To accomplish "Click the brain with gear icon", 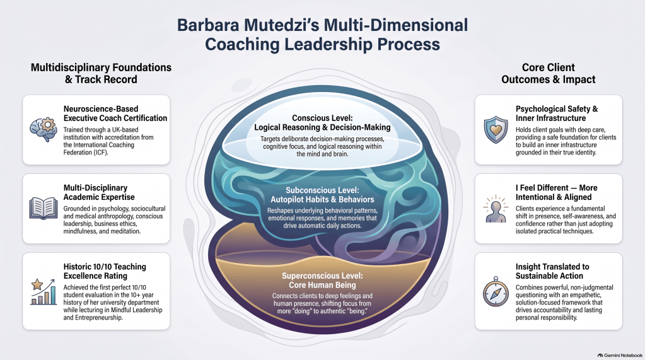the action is [x=44, y=129].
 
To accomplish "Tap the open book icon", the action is [x=44, y=208].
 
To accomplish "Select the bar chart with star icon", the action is [x=44, y=292].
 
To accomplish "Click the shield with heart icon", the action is [x=496, y=130].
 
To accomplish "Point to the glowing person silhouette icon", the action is [x=496, y=209].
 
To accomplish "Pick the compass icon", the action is [x=496, y=292].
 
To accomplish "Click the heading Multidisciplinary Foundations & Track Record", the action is [x=101, y=73].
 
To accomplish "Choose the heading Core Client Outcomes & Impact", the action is [x=549, y=73].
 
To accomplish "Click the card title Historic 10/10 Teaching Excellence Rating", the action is [x=105, y=271].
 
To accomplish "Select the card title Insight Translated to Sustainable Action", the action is [x=552, y=271].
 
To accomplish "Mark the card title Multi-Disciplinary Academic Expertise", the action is [x=99, y=192].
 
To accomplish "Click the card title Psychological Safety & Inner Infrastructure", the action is [x=557, y=113].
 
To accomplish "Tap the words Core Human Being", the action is [x=323, y=285].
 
